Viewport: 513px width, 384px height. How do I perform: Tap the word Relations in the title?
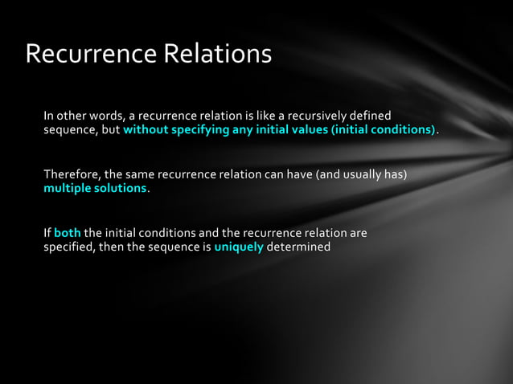click(218, 54)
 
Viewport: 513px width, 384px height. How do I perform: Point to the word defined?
click(370, 116)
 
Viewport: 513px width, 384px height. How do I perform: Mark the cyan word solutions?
click(121, 188)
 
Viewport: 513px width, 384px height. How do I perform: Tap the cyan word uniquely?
click(239, 247)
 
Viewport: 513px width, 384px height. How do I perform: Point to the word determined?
click(298, 247)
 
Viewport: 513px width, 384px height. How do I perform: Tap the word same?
click(140, 174)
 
